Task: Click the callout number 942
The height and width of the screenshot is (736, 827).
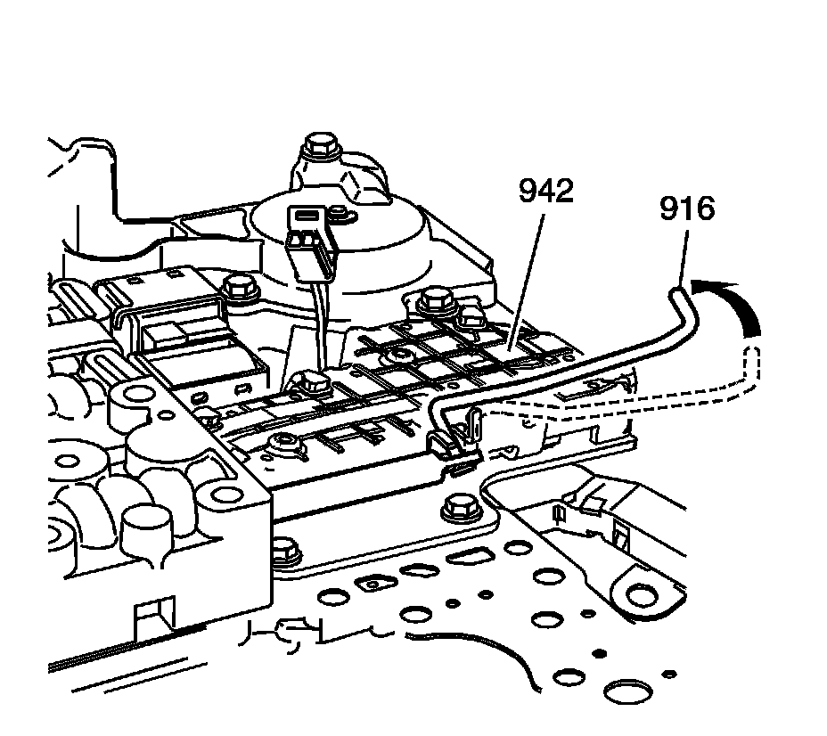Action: pos(546,192)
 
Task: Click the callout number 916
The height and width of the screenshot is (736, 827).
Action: pos(686,209)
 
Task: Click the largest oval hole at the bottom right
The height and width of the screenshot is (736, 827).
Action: pos(627,691)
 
